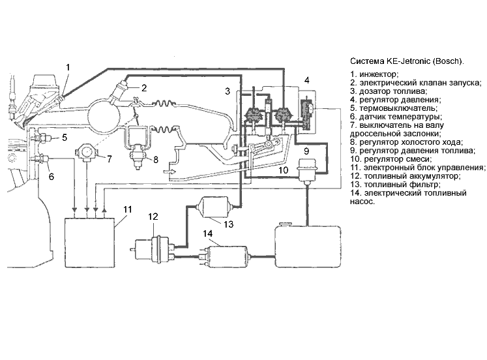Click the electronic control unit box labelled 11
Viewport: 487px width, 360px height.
(x=90, y=243)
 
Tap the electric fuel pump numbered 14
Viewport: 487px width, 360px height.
(x=226, y=256)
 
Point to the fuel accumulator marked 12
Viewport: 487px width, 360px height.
(x=152, y=249)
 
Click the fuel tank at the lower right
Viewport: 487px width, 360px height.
(x=308, y=246)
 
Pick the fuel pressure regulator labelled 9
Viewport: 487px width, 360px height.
(x=307, y=170)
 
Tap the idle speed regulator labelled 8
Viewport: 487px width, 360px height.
(x=138, y=146)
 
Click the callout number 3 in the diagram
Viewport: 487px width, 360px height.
(x=228, y=91)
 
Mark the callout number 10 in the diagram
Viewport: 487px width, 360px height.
(x=283, y=170)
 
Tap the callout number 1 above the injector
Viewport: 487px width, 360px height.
(x=68, y=67)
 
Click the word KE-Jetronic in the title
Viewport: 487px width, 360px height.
(x=408, y=61)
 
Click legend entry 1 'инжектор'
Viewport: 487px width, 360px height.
(x=374, y=74)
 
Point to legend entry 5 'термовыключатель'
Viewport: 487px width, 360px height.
(x=394, y=108)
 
